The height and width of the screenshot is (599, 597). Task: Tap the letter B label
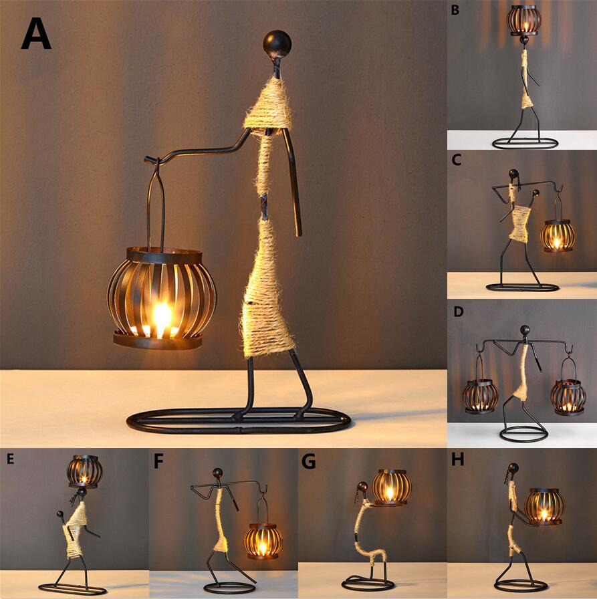tap(455, 10)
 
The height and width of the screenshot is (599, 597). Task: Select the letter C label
tap(457, 160)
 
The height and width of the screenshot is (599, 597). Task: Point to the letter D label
tap(457, 312)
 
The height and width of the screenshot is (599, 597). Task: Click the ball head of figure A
tap(276, 43)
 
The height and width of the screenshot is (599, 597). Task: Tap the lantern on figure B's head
tap(524, 20)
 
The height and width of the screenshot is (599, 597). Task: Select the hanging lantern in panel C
tap(558, 235)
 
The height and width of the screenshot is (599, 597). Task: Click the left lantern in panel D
tap(480, 395)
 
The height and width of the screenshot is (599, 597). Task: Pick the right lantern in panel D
tap(568, 396)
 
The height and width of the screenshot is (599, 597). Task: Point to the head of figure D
tap(525, 330)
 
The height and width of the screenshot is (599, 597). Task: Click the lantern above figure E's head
tap(85, 471)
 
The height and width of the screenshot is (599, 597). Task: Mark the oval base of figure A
tap(239, 421)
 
